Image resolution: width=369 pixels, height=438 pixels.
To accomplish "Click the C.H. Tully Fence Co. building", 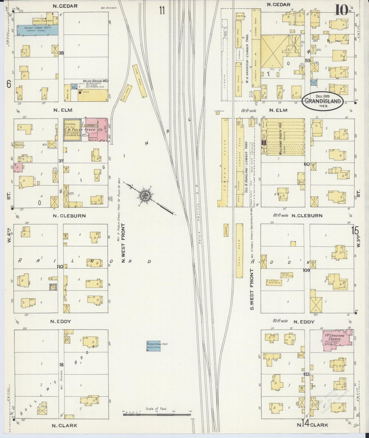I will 87,130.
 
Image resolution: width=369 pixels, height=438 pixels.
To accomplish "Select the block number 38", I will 61,53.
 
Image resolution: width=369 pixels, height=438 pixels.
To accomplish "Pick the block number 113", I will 306,374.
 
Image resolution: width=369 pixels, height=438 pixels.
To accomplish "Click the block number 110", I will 60,267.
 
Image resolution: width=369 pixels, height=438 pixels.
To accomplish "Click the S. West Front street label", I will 252,289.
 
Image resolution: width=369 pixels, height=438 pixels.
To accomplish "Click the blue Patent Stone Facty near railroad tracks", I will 153,346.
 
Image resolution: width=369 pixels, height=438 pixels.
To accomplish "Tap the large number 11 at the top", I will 162,11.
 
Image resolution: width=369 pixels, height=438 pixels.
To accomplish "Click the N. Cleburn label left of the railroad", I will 69,216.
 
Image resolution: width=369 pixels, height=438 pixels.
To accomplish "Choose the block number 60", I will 307,164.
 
